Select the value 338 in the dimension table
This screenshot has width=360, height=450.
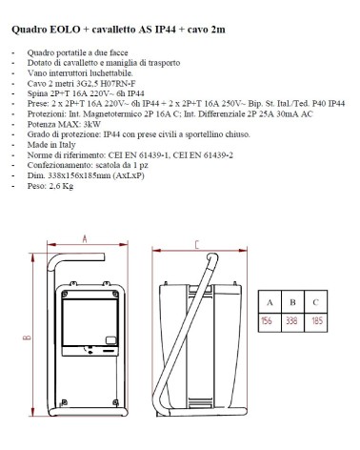pos(292,320)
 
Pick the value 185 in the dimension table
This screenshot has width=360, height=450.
pos(316,320)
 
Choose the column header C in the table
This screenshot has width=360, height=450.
pos(316,302)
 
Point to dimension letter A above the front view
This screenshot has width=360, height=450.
pos(85,238)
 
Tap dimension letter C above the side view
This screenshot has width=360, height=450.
pos(196,244)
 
